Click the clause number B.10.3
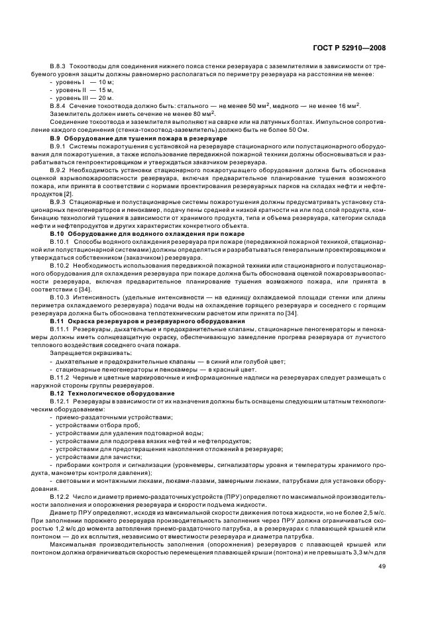click(x=60, y=298)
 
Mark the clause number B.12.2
click(x=60, y=495)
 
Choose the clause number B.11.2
click(x=60, y=378)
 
